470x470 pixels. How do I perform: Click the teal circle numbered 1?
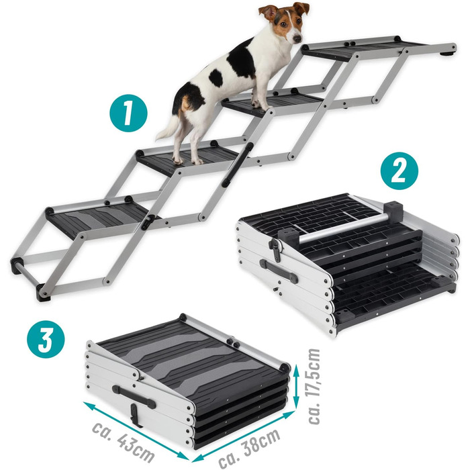[128, 113]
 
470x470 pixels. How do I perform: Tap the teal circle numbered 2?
[399, 171]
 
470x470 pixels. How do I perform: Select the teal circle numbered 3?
[46, 339]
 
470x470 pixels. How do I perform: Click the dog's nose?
[297, 39]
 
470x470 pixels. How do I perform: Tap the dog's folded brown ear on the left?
[269, 13]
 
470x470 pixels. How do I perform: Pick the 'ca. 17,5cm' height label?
[314, 386]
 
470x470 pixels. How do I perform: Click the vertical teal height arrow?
[296, 387]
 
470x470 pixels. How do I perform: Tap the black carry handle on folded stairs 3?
[134, 397]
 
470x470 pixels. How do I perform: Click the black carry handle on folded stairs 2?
[279, 271]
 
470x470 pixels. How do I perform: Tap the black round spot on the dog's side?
[216, 78]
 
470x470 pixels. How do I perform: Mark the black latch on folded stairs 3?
[136, 415]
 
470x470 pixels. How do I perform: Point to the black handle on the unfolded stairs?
[238, 164]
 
